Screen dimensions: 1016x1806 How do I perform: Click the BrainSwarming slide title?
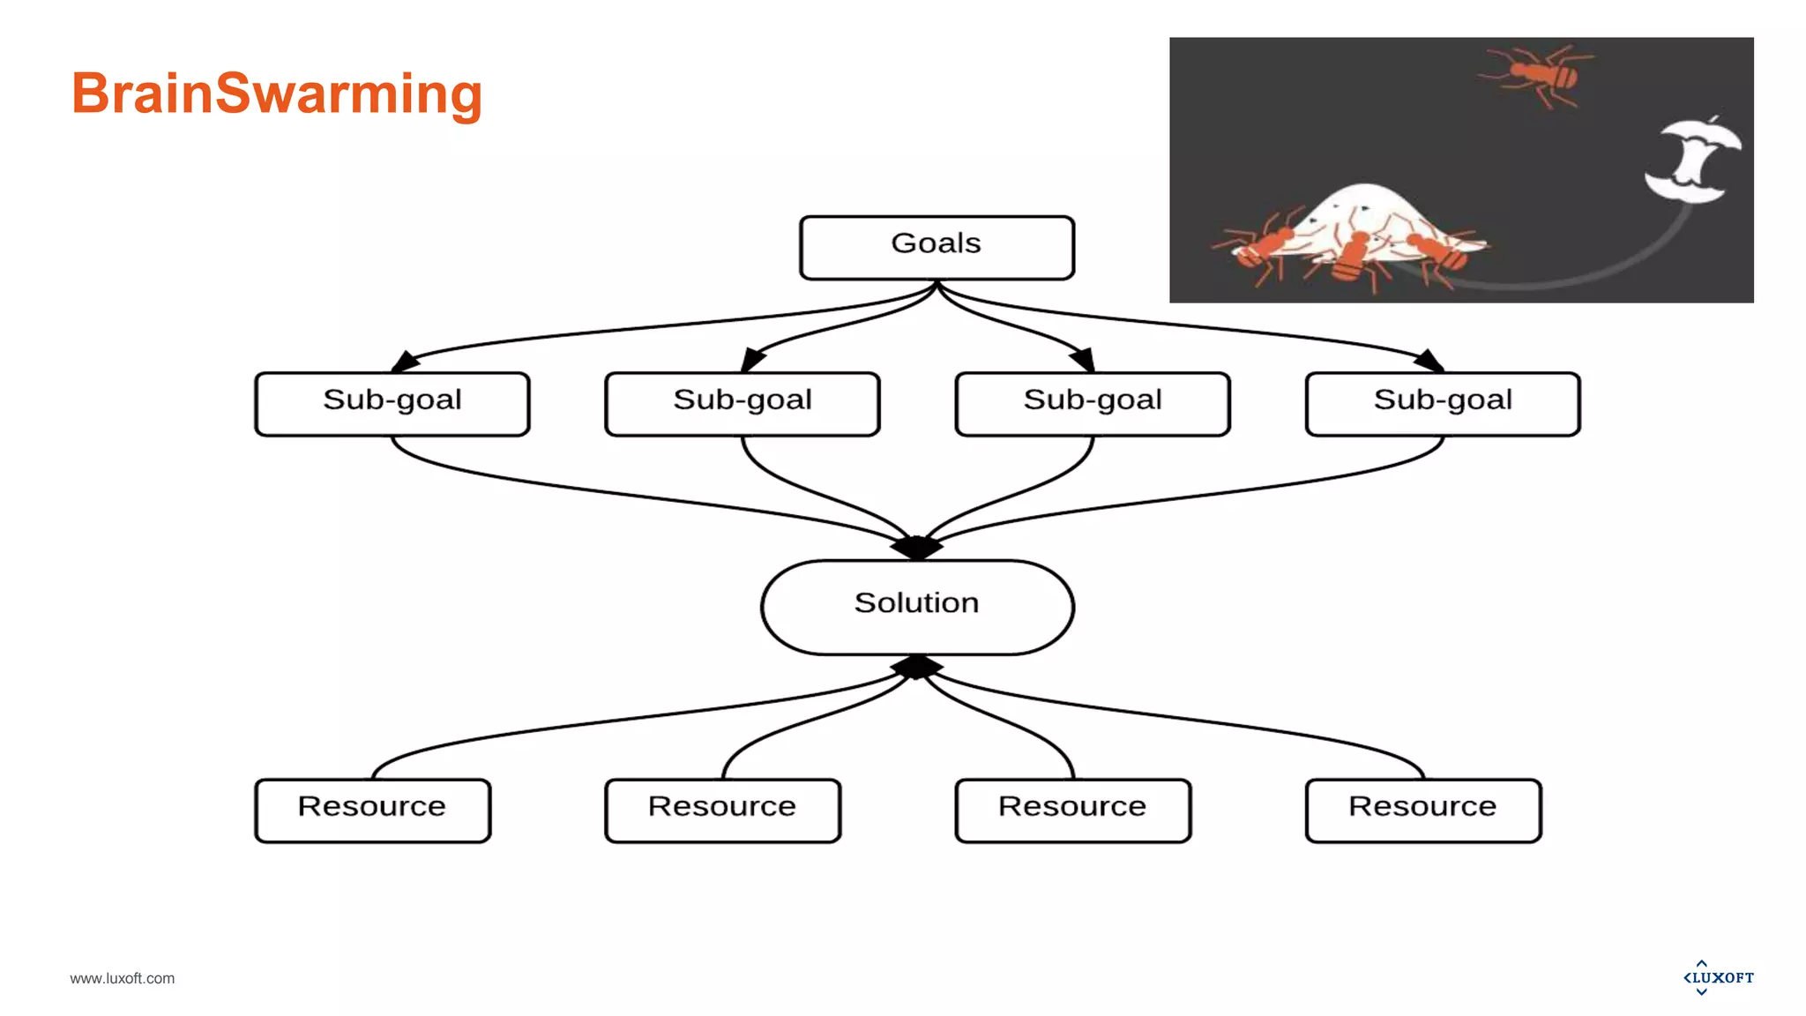click(276, 93)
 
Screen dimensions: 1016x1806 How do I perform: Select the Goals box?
click(937, 248)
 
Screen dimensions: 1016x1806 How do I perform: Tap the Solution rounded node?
click(917, 607)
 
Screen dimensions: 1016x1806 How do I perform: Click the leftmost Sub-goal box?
click(392, 404)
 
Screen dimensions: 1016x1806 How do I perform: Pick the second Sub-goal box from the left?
click(743, 404)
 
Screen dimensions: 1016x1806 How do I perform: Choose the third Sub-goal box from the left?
click(1093, 404)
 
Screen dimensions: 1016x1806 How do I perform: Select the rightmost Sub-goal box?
click(1443, 404)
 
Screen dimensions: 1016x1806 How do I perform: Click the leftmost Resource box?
click(372, 811)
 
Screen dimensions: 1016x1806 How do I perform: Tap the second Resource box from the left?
click(722, 811)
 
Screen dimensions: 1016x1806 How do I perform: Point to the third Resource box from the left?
click(1072, 811)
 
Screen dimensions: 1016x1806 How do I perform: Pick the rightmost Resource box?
click(1422, 811)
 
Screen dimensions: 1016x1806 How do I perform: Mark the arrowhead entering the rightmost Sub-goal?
click(1429, 361)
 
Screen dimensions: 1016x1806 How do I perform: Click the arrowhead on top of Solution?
click(917, 548)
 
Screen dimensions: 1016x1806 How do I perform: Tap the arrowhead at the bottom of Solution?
click(917, 667)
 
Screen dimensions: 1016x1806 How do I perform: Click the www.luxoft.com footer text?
click(123, 978)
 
